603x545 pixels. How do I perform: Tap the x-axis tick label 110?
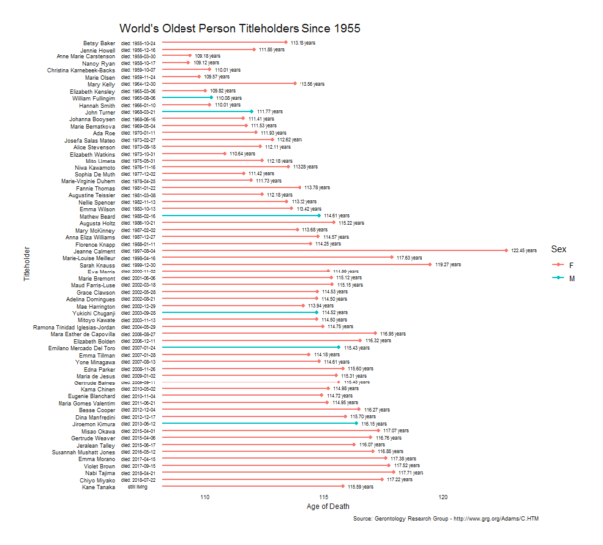[205, 497]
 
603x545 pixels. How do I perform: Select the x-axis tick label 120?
[443, 497]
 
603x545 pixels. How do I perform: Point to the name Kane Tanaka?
[100, 487]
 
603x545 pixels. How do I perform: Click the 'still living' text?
[136, 487]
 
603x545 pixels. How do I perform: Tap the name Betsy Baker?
[99, 43]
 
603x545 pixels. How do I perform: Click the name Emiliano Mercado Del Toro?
[78, 347]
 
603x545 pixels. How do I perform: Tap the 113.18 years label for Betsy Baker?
[302, 43]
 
